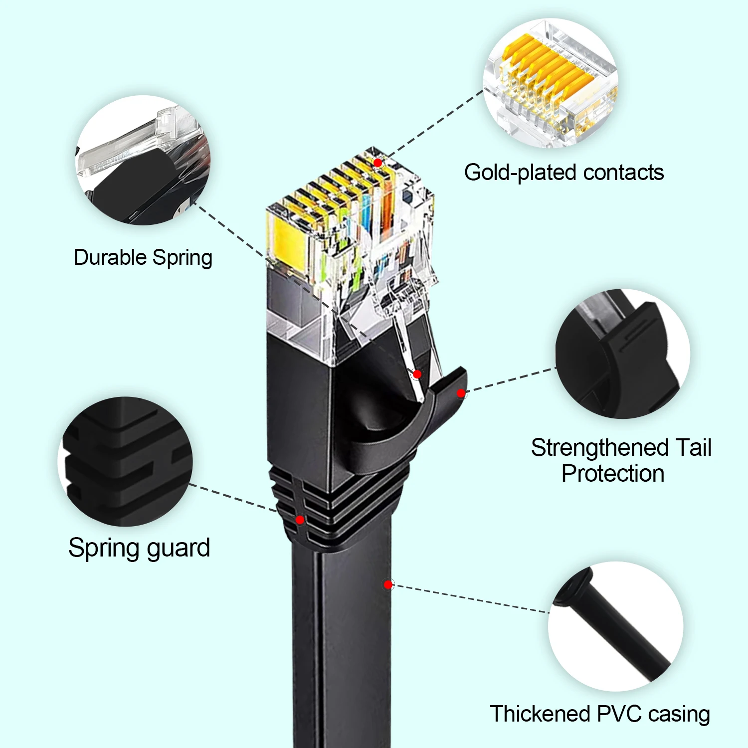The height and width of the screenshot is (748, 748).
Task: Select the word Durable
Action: [x=110, y=258]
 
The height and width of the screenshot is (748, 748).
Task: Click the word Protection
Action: [x=613, y=474]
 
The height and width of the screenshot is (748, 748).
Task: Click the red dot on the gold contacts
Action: [x=378, y=163]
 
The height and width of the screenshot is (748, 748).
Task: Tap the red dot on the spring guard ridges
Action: [x=300, y=520]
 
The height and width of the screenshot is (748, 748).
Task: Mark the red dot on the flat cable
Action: [x=388, y=584]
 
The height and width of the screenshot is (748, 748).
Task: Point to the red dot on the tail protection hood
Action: [x=461, y=393]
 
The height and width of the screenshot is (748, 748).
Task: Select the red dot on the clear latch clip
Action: [x=417, y=374]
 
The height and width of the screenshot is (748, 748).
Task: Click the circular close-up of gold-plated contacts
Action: [x=551, y=84]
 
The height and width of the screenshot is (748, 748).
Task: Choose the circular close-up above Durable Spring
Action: [x=143, y=160]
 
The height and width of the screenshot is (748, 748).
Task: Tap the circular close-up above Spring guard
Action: [x=125, y=461]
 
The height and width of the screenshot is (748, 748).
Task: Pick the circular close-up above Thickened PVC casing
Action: [x=616, y=627]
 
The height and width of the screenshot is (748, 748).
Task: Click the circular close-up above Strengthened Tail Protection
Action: [x=623, y=354]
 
